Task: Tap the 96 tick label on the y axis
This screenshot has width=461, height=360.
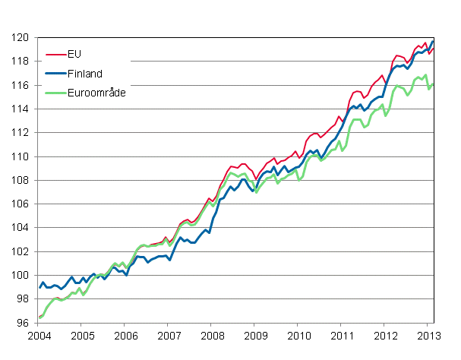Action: pos(25,323)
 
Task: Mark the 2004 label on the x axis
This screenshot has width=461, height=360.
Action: pos(39,335)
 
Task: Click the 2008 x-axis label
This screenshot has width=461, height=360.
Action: pos(212,335)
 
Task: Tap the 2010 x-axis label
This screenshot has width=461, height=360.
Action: pos(298,335)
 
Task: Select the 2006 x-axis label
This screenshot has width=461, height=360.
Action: pos(125,335)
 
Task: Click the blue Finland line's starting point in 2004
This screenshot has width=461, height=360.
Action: pos(39,287)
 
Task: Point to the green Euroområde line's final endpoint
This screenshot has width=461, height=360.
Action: pos(433,84)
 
